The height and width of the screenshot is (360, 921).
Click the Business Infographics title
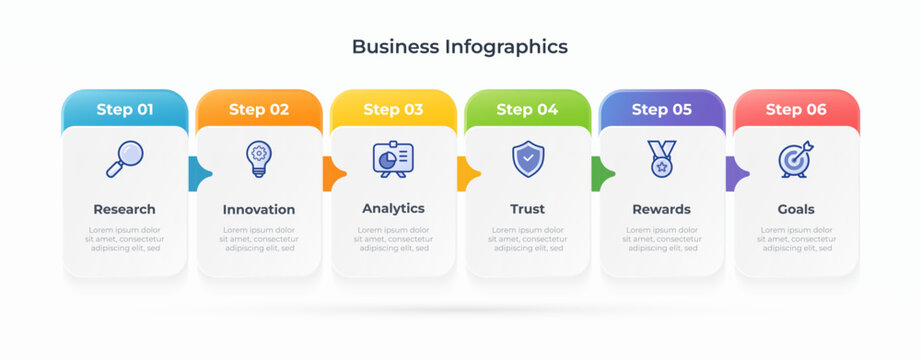(460, 46)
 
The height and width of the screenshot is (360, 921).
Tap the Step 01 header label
(125, 110)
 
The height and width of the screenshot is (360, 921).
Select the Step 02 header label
(259, 110)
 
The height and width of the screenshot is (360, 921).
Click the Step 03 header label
(393, 110)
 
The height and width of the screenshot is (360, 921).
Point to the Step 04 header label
(527, 110)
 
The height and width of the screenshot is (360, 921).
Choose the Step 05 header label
(662, 110)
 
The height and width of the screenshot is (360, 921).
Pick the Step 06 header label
(796, 110)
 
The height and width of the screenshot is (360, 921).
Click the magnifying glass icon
(125, 159)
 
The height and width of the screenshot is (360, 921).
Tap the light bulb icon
(259, 159)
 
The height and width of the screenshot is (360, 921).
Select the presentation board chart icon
(393, 159)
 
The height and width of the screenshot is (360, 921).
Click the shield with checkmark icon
(527, 159)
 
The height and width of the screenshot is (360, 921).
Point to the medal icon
(662, 159)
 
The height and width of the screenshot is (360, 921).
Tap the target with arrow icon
(796, 159)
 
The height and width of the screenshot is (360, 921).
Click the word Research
(125, 209)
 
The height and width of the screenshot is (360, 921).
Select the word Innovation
(259, 209)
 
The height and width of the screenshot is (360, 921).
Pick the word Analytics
(393, 208)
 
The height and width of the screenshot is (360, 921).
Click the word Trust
(527, 209)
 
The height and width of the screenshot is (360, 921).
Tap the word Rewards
(662, 209)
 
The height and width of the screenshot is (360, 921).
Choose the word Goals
(796, 209)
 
